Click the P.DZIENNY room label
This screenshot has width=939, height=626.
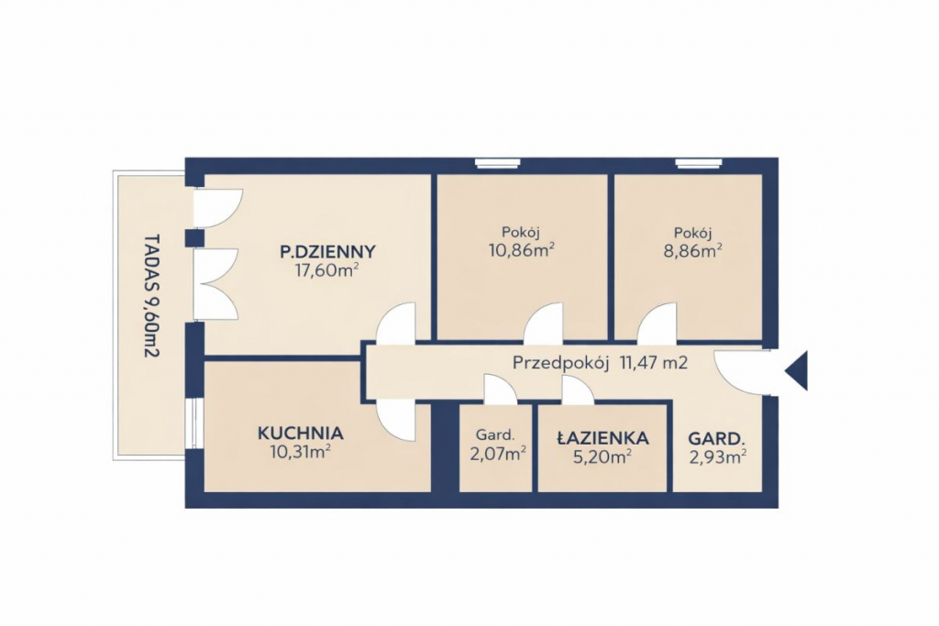point(327,251)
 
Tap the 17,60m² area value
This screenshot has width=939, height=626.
point(327,270)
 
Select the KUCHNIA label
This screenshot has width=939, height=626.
point(300,433)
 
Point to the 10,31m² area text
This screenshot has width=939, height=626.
point(301,452)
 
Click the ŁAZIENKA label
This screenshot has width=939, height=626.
point(602,438)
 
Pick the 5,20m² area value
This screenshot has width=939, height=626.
point(602,457)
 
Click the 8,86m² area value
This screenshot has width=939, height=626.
point(691,250)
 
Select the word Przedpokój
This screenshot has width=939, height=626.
point(561,363)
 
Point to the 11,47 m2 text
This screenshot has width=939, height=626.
point(653,362)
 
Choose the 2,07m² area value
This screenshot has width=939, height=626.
point(498,455)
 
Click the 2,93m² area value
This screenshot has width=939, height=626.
point(717,457)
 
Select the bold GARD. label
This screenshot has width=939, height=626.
point(716,439)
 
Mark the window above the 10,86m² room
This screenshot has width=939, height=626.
point(498,161)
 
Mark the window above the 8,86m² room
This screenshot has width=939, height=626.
point(698,161)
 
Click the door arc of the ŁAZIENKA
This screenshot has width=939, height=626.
point(578,389)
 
